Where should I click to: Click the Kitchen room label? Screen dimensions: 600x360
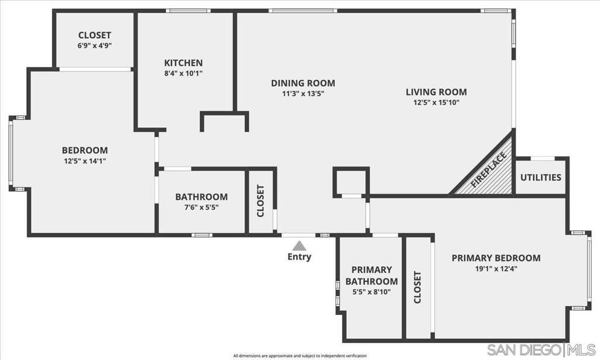(x=183, y=63)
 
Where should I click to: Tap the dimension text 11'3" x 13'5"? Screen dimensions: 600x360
(x=303, y=93)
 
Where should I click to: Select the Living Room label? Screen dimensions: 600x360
(x=436, y=92)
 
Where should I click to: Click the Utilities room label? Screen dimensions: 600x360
(x=541, y=177)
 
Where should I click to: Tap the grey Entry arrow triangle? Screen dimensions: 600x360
(x=299, y=246)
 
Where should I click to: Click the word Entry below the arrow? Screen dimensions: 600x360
(x=299, y=257)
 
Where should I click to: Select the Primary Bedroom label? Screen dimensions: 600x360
(x=496, y=258)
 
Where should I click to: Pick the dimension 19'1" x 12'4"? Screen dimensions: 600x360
(x=496, y=269)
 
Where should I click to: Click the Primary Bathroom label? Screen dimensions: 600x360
(x=371, y=276)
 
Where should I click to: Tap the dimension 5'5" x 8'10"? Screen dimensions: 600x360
(x=371, y=292)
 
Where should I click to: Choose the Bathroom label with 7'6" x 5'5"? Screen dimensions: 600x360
(x=202, y=197)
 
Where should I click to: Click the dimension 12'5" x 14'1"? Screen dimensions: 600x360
(x=85, y=161)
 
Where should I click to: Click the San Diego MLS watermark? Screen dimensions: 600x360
(x=541, y=349)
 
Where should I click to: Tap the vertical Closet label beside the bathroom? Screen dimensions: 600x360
(x=261, y=201)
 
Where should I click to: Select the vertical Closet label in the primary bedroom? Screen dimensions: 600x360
(x=417, y=287)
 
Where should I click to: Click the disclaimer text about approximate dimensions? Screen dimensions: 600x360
(x=300, y=356)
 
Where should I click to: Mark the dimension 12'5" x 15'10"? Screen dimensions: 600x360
(x=436, y=103)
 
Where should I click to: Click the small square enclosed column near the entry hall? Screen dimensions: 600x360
(x=351, y=182)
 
